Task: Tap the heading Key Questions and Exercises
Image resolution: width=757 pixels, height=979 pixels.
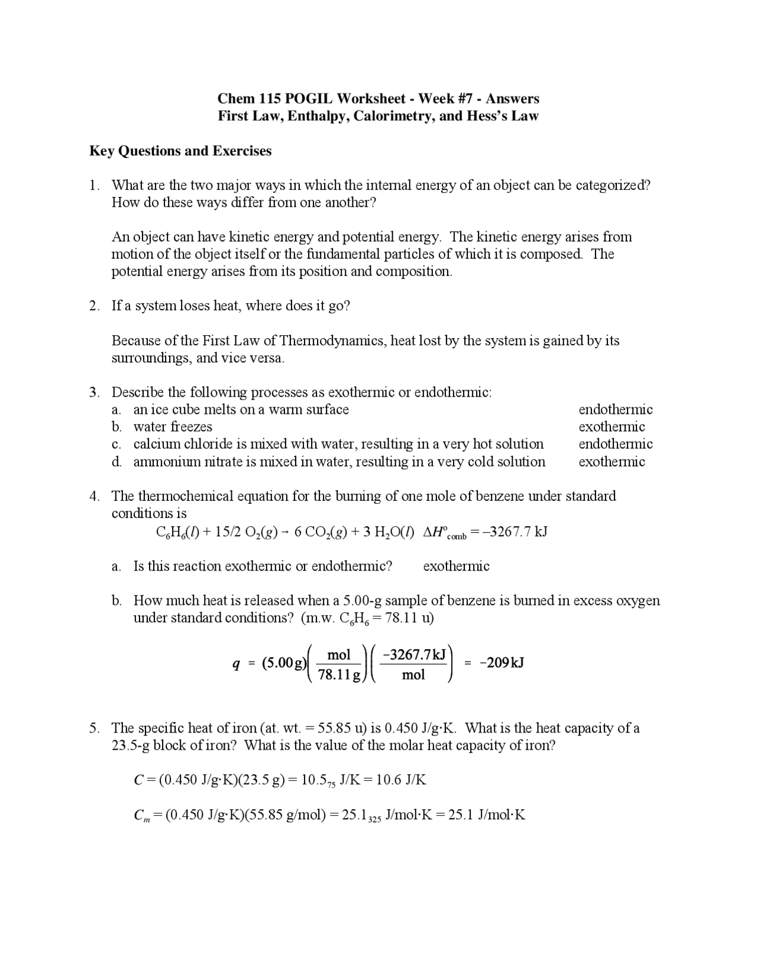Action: tap(180, 151)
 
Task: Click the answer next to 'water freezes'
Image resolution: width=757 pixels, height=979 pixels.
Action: tap(612, 427)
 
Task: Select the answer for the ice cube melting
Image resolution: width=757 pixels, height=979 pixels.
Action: tap(615, 410)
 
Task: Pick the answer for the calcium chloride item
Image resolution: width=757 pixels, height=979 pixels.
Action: tap(615, 444)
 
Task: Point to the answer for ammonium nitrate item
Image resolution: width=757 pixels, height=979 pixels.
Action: tap(612, 462)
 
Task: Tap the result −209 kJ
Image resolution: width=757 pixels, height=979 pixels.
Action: tap(502, 663)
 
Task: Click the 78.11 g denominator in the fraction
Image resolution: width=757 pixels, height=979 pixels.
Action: tap(339, 675)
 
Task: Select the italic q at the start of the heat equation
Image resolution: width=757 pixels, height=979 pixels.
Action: tap(236, 664)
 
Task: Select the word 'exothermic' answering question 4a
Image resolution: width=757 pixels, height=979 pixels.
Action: tap(456, 566)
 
